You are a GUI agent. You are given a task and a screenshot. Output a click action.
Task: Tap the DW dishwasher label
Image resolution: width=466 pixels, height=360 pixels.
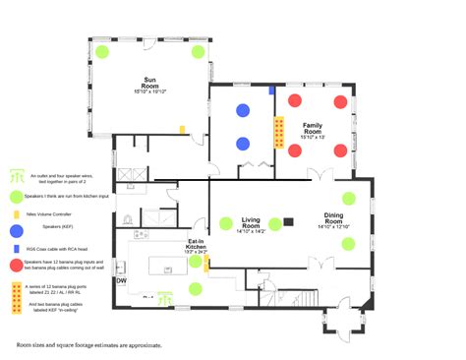(x=121, y=280)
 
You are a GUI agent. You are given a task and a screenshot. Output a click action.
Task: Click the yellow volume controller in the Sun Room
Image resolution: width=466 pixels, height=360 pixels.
(x=182, y=128)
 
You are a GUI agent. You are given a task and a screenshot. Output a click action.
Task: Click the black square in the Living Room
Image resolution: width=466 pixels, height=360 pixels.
(x=289, y=221)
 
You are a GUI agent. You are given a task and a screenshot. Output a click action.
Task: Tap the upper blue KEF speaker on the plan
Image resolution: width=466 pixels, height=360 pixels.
(x=243, y=110)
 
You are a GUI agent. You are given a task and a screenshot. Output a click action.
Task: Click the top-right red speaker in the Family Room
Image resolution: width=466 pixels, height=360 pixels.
(x=340, y=101)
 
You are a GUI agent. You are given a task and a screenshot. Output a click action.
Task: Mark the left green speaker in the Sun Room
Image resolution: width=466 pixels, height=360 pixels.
(x=103, y=50)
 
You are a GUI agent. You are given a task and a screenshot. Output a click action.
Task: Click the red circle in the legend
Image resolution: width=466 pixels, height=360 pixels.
(x=16, y=266)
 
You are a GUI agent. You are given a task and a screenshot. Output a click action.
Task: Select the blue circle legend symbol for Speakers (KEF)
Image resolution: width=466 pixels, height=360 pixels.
(x=16, y=230)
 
